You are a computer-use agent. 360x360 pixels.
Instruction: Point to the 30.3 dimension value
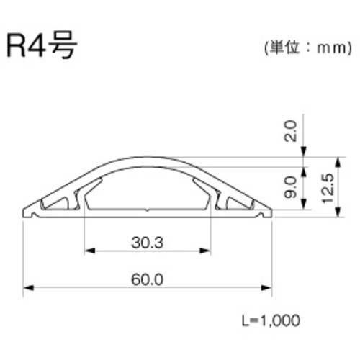click(x=148, y=243)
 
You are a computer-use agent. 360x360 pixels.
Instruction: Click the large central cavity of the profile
click(x=148, y=191)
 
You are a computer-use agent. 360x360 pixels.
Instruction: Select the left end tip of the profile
click(x=25, y=214)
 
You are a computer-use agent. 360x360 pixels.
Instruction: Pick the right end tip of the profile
click(x=271, y=214)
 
